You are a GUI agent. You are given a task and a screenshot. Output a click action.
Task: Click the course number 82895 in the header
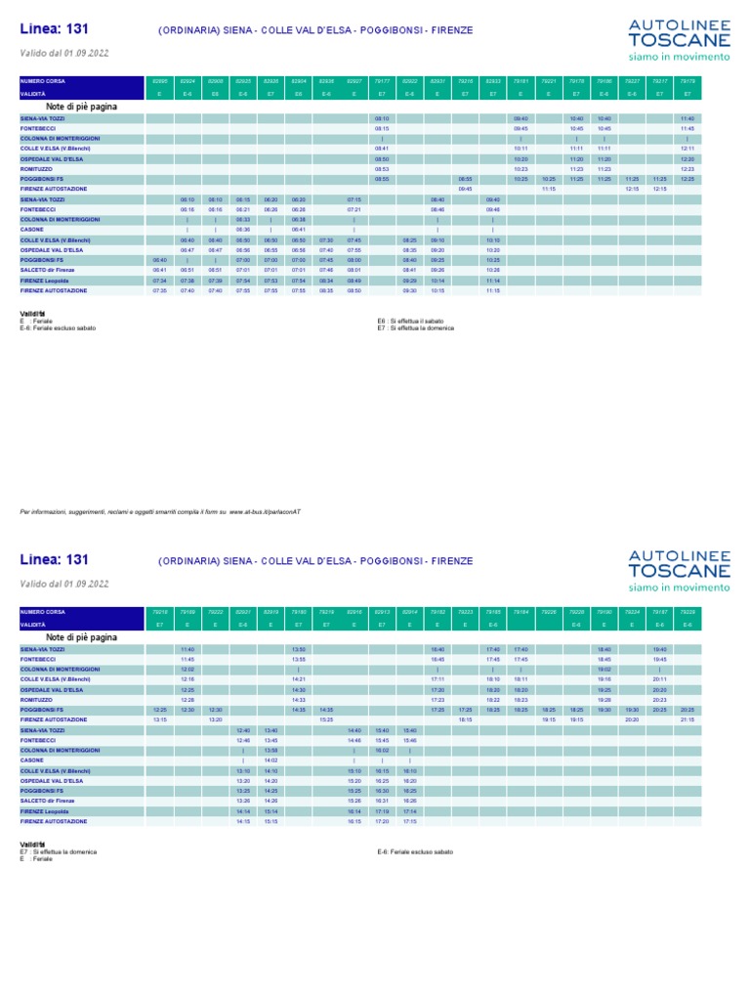[160, 81]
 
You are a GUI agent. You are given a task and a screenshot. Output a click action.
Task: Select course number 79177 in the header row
[382, 81]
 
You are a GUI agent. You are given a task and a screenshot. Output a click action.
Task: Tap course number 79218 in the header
[160, 611]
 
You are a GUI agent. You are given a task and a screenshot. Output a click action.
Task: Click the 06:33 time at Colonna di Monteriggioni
[243, 220]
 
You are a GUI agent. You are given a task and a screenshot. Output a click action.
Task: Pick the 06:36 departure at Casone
[243, 230]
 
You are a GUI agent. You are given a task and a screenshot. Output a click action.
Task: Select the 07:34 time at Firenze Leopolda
[160, 280]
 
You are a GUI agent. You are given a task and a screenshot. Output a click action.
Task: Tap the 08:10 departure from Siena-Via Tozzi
[382, 118]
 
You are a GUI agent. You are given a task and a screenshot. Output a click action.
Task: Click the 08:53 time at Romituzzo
[382, 168]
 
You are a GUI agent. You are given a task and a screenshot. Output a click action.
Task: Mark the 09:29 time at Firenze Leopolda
[410, 280]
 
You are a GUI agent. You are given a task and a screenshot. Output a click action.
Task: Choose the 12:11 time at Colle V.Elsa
[687, 148]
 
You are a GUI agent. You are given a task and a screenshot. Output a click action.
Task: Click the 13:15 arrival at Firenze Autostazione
[160, 718]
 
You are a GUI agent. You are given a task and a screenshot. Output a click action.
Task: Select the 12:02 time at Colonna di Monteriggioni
[187, 669]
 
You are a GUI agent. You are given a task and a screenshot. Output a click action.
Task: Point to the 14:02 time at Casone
[271, 759]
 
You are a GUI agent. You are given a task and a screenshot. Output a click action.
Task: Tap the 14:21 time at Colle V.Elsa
[299, 678]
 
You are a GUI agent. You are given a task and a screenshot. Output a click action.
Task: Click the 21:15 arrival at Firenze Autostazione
[687, 718]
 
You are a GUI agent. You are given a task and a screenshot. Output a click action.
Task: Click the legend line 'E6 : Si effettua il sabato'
[411, 321]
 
